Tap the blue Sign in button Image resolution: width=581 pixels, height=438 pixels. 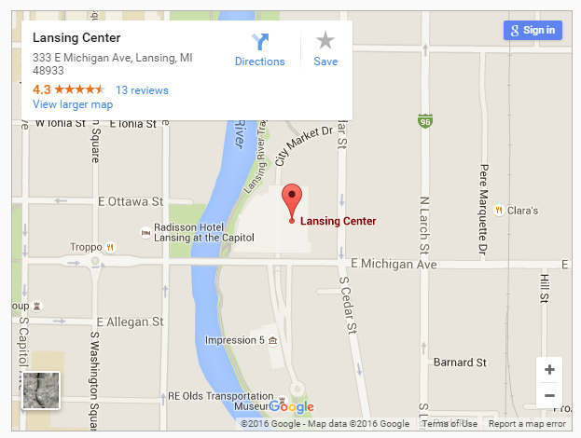click(532, 30)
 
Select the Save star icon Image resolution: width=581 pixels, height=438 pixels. click(325, 41)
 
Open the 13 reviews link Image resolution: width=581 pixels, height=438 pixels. click(142, 90)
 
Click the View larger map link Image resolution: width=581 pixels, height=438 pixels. click(73, 104)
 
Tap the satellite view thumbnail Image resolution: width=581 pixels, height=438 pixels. click(41, 390)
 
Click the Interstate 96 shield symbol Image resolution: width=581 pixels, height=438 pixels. click(425, 121)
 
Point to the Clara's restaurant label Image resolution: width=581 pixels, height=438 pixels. click(522, 211)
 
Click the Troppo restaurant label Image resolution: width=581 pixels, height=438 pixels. click(85, 247)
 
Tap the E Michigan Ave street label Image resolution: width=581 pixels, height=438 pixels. click(394, 265)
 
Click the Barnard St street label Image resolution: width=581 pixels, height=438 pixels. click(461, 362)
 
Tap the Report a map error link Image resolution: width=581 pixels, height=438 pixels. click(526, 424)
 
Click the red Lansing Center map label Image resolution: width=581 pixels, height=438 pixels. click(339, 222)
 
